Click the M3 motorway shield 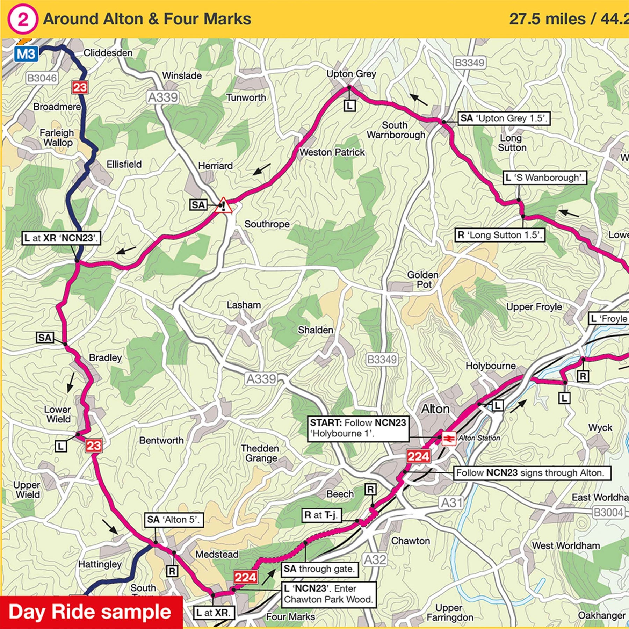click(26, 54)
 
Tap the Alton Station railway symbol click(449, 439)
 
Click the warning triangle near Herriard click(224, 205)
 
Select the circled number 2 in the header click(22, 20)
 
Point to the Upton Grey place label click(351, 74)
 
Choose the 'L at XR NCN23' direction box click(61, 238)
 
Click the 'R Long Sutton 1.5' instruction click(500, 235)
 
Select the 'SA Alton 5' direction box click(174, 520)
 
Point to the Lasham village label click(244, 305)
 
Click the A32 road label click(375, 560)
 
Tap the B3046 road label click(42, 78)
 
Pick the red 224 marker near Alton click(418, 456)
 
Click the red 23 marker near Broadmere click(80, 87)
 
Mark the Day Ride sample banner click(91, 612)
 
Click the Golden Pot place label click(423, 280)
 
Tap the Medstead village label click(217, 555)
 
